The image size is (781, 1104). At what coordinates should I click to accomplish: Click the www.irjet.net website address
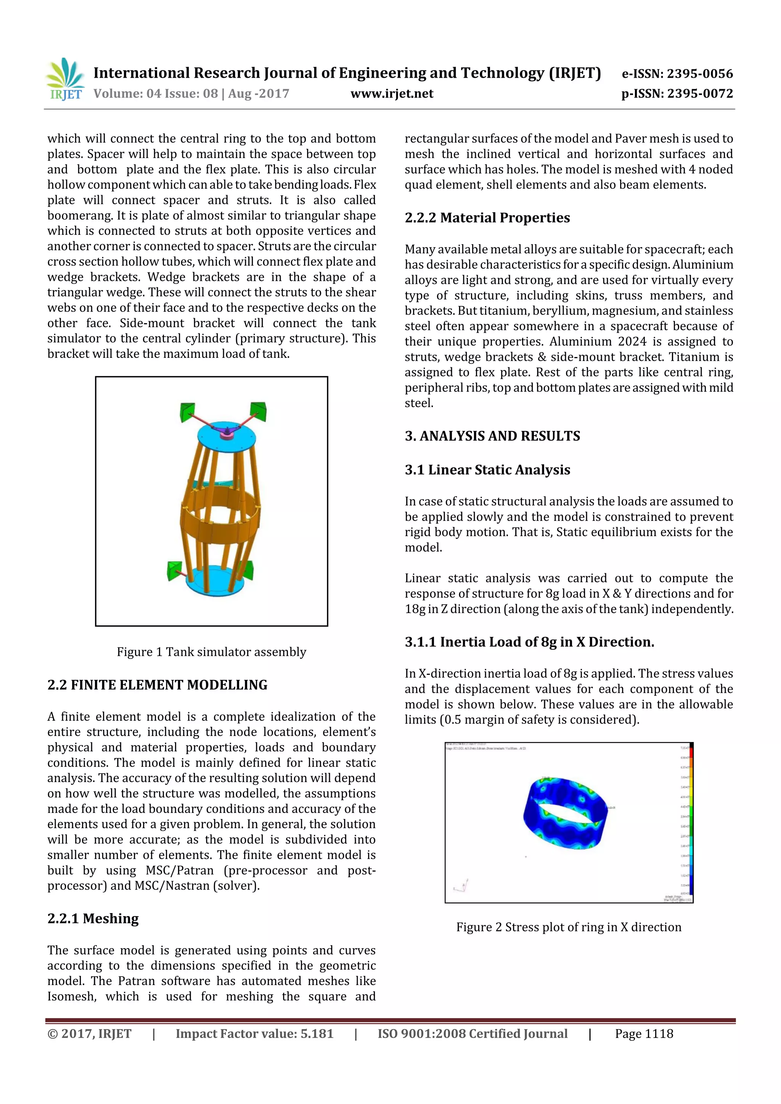[x=392, y=94]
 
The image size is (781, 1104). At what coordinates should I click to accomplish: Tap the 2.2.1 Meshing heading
[x=93, y=918]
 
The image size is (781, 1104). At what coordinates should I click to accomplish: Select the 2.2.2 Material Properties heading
[x=487, y=218]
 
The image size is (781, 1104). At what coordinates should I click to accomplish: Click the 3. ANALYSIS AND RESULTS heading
[x=492, y=436]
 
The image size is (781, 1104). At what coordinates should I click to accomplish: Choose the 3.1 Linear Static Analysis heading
[x=487, y=470]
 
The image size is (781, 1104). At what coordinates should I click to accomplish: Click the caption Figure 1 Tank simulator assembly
[x=211, y=652]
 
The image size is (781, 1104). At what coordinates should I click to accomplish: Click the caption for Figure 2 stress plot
[x=569, y=927]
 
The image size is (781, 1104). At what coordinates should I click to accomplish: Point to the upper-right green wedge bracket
[x=259, y=411]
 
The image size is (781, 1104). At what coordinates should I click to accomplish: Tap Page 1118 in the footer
[x=644, y=1034]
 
